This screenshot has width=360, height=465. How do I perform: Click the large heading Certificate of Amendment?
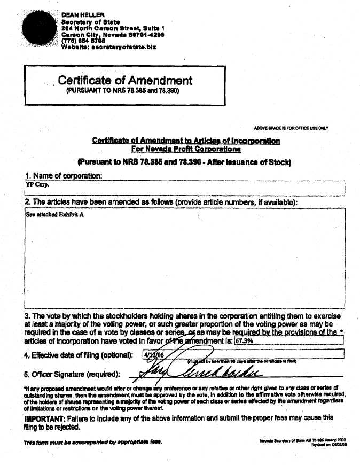point(125,81)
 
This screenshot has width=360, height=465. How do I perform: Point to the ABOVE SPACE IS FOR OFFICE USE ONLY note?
point(291,128)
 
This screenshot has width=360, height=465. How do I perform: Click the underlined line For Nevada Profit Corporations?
point(186,150)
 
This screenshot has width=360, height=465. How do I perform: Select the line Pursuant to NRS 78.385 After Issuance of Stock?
point(184,162)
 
